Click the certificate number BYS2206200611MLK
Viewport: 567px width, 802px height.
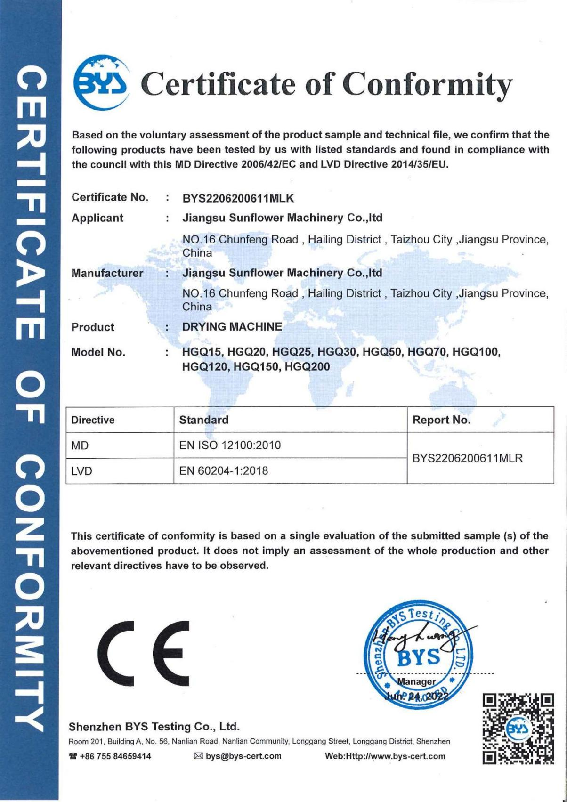(x=238, y=198)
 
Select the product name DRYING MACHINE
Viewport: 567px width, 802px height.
(x=232, y=326)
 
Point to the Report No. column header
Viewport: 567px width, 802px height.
(x=441, y=420)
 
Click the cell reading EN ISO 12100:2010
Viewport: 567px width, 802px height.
(x=230, y=445)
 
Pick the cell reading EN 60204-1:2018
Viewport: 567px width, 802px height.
(x=224, y=470)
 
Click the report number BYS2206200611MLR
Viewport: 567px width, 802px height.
(x=467, y=457)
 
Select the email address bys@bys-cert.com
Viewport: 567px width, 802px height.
(x=243, y=756)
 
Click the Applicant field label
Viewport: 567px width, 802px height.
(x=97, y=218)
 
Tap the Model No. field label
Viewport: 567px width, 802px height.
(x=98, y=352)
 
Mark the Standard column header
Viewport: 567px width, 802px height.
(x=204, y=420)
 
